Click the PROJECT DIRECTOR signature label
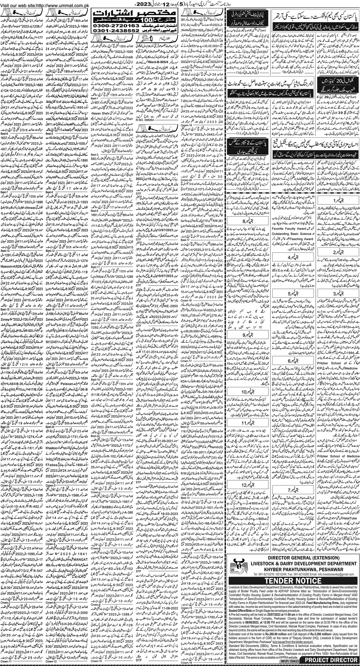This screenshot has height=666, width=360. click(332, 660)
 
